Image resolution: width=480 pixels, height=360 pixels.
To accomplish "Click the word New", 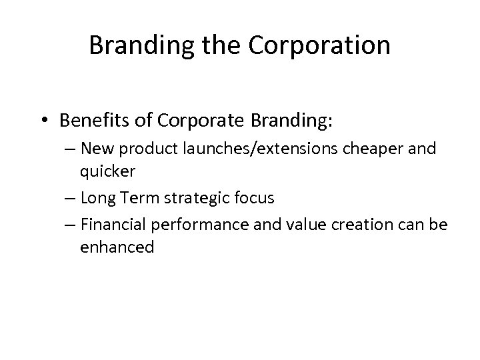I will tap(96, 149).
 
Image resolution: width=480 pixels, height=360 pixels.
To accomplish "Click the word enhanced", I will tap(117, 248).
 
